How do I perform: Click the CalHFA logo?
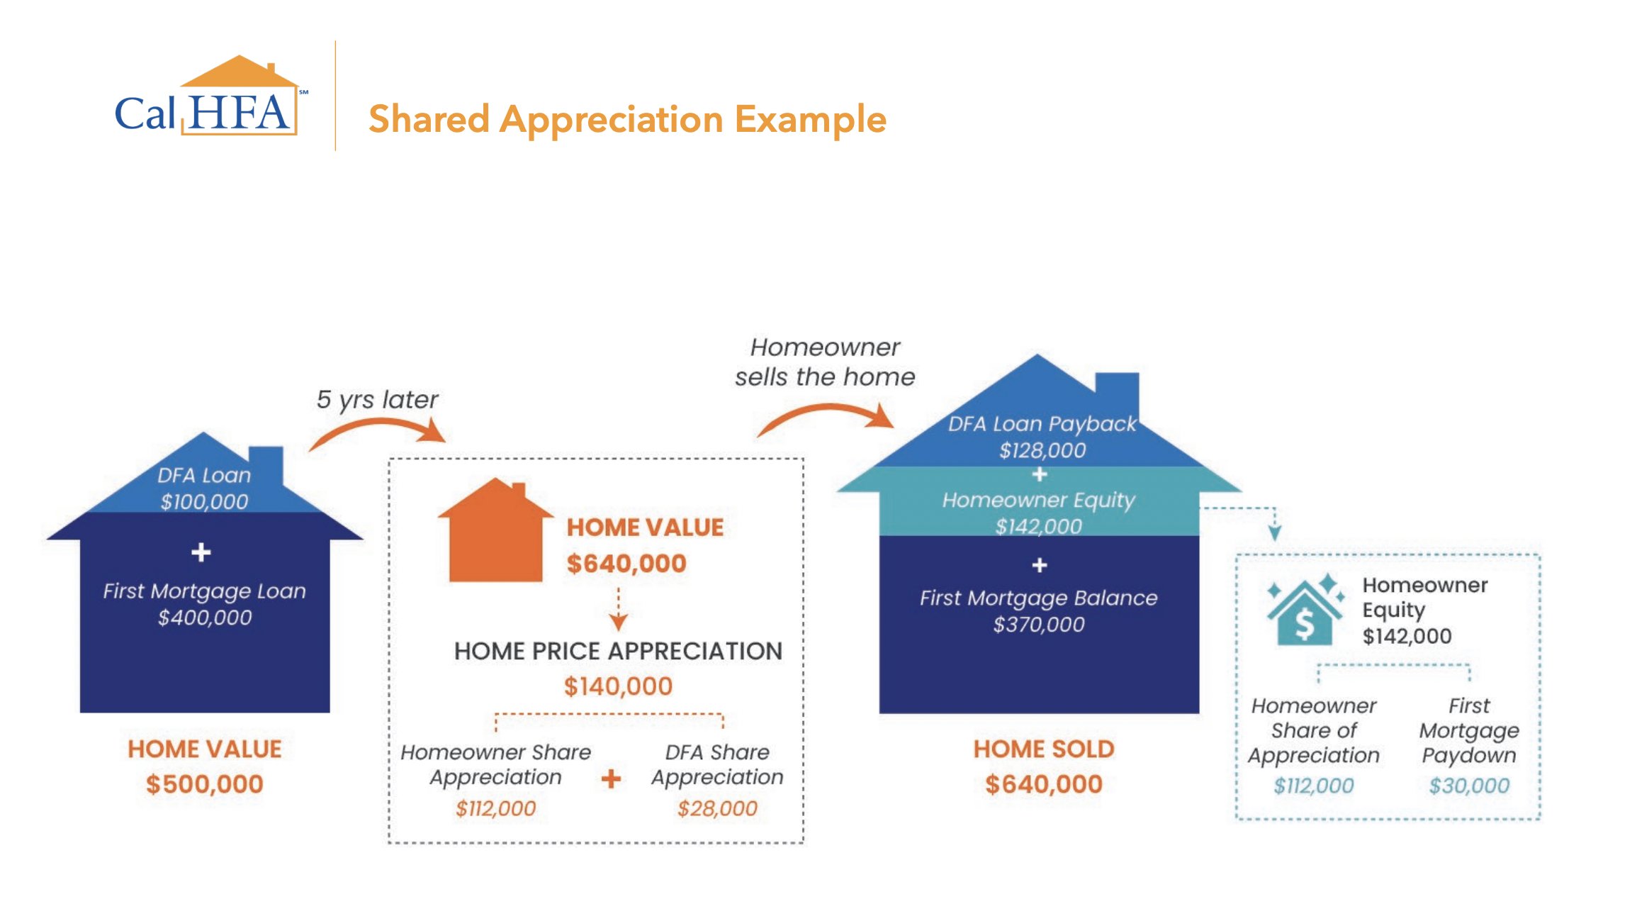(211, 96)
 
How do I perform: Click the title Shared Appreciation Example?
(627, 118)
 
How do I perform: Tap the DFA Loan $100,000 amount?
(204, 501)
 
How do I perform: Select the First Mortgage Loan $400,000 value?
(205, 618)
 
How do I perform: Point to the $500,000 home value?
(205, 783)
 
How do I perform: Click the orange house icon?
(495, 530)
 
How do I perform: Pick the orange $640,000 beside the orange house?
(626, 564)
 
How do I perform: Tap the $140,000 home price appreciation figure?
(618, 686)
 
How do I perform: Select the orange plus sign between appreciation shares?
(611, 779)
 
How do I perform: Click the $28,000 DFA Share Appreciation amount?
(717, 808)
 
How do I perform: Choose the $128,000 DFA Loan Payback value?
(1042, 450)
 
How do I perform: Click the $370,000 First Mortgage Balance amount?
(1039, 625)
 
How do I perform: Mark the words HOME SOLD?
(1044, 749)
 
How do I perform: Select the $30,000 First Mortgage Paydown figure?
(1469, 786)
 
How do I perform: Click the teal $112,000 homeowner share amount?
(1314, 786)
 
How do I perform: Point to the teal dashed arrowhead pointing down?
(1275, 533)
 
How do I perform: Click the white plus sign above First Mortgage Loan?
(201, 552)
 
